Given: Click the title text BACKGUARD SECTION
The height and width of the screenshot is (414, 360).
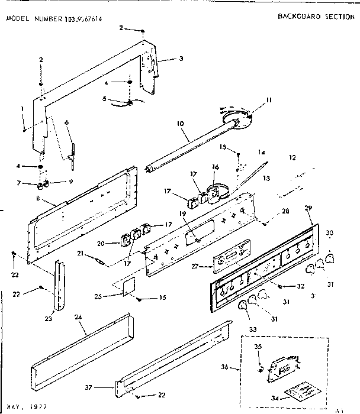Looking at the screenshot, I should click(x=316, y=17).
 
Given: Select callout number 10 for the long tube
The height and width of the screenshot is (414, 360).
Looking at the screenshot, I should click(x=180, y=125).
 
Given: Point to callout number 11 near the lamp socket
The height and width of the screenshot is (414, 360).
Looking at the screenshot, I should click(x=268, y=101).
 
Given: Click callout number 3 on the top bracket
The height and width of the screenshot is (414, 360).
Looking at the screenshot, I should click(x=182, y=59).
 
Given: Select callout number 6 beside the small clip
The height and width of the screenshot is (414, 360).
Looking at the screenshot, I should click(x=66, y=122).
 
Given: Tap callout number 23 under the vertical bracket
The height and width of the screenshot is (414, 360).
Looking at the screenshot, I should click(x=48, y=319).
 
